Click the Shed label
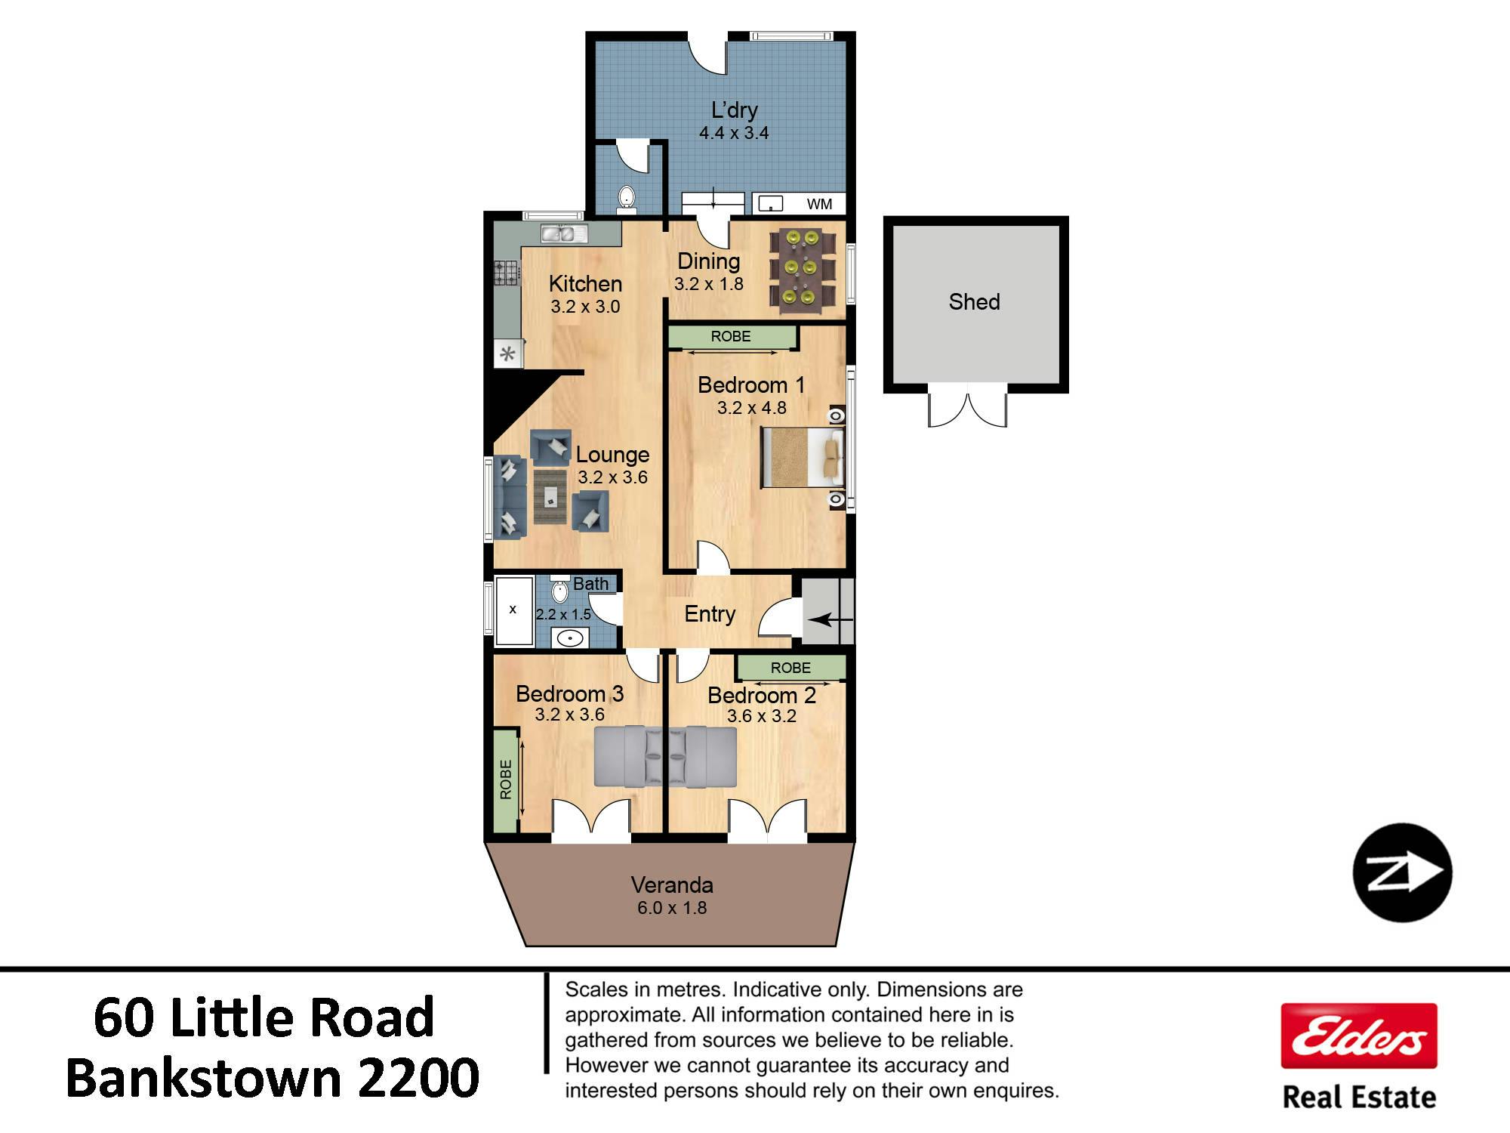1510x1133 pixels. tap(974, 302)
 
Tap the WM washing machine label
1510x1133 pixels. tap(819, 204)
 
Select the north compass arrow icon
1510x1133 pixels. tap(1402, 872)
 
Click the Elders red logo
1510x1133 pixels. tap(1359, 1036)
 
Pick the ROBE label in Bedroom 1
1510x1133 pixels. tap(731, 337)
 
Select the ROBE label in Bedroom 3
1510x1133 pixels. tap(506, 780)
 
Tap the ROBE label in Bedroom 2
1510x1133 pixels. tap(790, 668)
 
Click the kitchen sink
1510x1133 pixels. tap(564, 234)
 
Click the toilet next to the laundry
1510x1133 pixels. tap(626, 198)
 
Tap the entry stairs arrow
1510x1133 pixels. tap(830, 620)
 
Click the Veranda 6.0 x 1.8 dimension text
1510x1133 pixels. tap(672, 907)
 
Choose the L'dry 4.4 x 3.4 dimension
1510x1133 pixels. tap(734, 133)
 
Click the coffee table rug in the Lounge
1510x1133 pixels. tap(550, 496)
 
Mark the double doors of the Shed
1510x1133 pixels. tap(967, 406)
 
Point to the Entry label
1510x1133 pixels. tap(710, 614)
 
